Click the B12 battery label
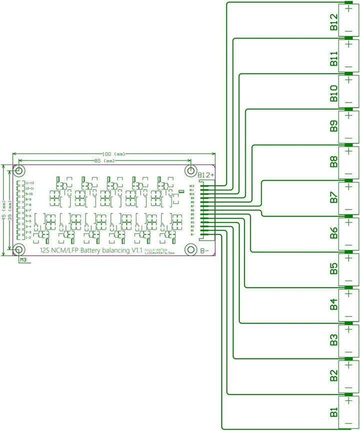click(x=333, y=23)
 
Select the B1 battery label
click(x=333, y=413)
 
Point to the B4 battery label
click(x=333, y=306)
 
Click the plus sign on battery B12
click(x=348, y=9)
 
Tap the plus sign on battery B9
click(x=348, y=116)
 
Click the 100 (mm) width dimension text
click(x=114, y=154)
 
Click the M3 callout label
click(x=23, y=259)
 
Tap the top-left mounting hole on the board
click(x=19, y=170)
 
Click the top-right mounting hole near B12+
click(x=190, y=170)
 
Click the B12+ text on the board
click(x=206, y=175)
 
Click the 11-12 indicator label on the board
click(x=29, y=183)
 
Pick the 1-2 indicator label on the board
click(x=28, y=237)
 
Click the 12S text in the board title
click(x=46, y=249)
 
